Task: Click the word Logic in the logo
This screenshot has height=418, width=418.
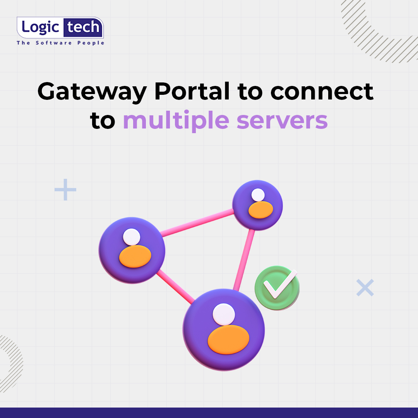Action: pyautogui.click(x=41, y=28)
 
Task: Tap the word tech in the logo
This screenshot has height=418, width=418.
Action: pyautogui.click(x=84, y=28)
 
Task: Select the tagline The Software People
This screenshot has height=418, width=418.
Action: pyautogui.click(x=60, y=43)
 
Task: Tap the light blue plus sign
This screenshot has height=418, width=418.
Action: pyautogui.click(x=65, y=190)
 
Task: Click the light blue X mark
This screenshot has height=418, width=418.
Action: pyautogui.click(x=365, y=288)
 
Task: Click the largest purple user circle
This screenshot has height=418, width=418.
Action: pyautogui.click(x=224, y=329)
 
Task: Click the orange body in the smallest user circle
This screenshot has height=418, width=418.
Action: pyautogui.click(x=260, y=210)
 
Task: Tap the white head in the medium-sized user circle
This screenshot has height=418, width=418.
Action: pyautogui.click(x=132, y=236)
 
